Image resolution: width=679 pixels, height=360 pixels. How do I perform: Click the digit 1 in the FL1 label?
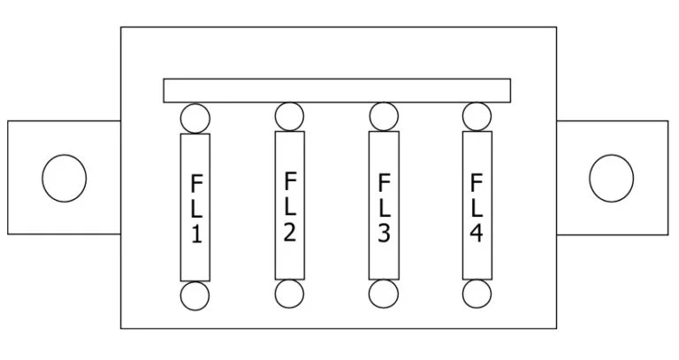pos(196,234)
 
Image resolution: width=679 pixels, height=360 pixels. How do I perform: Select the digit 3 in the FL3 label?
pos(384,233)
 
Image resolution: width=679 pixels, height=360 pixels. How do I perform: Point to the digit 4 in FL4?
pos(477,233)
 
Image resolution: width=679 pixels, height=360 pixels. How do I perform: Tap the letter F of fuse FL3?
pos(385,183)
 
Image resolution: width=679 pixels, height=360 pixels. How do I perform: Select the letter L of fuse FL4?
pos(477,208)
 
